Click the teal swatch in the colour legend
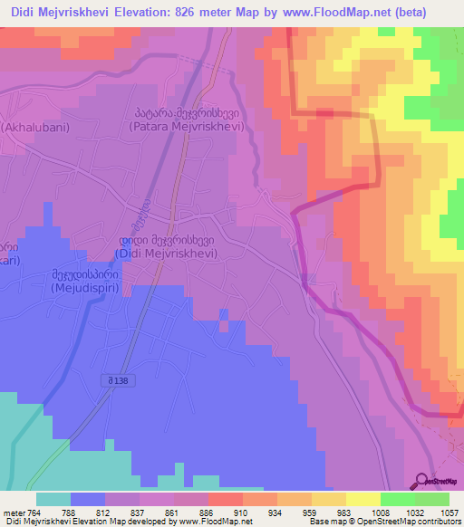(53, 499)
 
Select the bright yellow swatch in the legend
(362, 499)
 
